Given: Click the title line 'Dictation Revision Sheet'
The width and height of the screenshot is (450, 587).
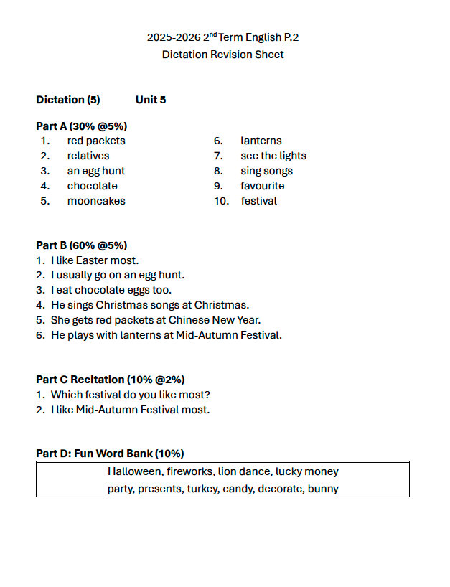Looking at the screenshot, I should [222, 55].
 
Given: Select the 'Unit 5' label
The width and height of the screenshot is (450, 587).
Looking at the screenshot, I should [151, 100].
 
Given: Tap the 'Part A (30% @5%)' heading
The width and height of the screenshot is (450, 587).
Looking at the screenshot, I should [81, 126].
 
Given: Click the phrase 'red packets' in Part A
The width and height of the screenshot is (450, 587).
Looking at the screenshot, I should [96, 141].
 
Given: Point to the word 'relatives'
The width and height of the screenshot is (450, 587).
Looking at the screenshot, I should [88, 156].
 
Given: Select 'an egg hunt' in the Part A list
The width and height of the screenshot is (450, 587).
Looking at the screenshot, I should [96, 171].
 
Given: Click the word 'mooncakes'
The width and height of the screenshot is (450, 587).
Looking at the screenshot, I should [96, 201].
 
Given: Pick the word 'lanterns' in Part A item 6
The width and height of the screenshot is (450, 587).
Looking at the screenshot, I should [261, 141].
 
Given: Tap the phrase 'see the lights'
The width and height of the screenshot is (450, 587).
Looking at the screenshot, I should [273, 156].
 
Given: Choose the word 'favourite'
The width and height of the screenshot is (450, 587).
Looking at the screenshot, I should [263, 186].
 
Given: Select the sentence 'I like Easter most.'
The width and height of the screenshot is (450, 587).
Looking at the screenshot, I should [95, 260].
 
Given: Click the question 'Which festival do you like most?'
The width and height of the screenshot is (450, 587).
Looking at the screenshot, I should [131, 395].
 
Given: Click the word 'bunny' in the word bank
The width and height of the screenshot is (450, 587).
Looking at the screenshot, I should [323, 489].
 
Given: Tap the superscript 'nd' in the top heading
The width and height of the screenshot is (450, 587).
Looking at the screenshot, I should [213, 34].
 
